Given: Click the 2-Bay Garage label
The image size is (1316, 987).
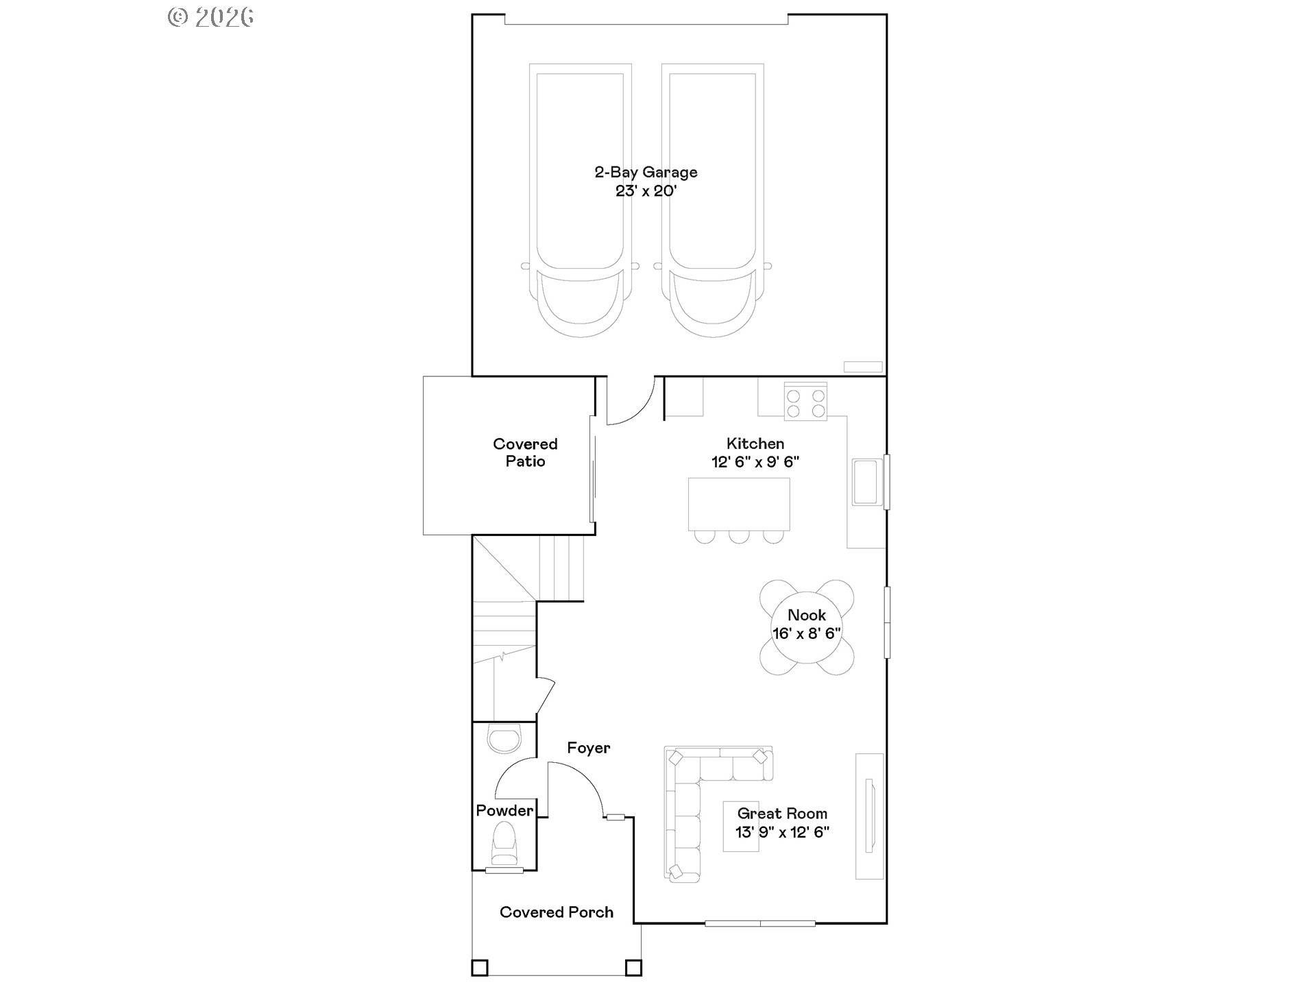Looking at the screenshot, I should click(646, 172).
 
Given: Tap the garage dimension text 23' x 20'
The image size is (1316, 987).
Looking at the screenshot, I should click(646, 191).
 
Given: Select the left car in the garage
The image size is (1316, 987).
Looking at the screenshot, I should click(580, 199).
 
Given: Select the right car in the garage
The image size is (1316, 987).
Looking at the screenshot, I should click(713, 199).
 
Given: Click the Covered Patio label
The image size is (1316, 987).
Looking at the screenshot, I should click(525, 452).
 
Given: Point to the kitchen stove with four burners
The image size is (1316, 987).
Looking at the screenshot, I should click(805, 403).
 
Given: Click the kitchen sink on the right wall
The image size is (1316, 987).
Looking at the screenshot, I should click(866, 482).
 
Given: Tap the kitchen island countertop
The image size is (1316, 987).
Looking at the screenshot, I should click(739, 503).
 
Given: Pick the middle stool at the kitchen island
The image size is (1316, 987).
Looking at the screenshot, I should click(739, 536).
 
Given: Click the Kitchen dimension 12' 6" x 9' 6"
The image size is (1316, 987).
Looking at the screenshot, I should click(755, 462).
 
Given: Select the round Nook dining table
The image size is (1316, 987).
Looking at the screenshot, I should click(807, 627).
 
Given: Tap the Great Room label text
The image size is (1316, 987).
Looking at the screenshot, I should click(782, 814).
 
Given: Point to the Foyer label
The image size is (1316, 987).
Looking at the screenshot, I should click(588, 748).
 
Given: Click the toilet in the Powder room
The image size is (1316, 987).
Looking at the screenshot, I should click(504, 844).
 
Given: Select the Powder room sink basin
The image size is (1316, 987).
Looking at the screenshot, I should click(504, 740).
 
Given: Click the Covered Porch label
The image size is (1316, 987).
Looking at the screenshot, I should click(556, 912).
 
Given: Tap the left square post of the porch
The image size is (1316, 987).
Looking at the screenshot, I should click(480, 967).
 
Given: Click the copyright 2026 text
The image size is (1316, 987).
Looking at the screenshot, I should click(211, 17).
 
